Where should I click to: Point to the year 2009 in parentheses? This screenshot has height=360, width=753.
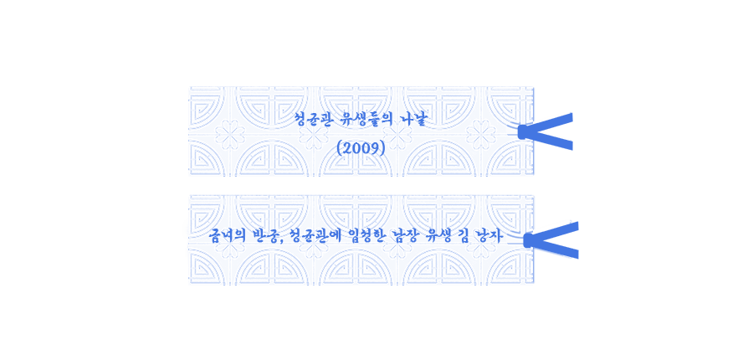coord(361,148)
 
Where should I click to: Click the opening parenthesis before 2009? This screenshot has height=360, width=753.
coord(340,148)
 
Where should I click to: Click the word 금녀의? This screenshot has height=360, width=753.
coord(227,236)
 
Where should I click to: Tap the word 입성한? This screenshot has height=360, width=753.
coord(364,236)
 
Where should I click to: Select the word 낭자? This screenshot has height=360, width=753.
coord(489,236)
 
